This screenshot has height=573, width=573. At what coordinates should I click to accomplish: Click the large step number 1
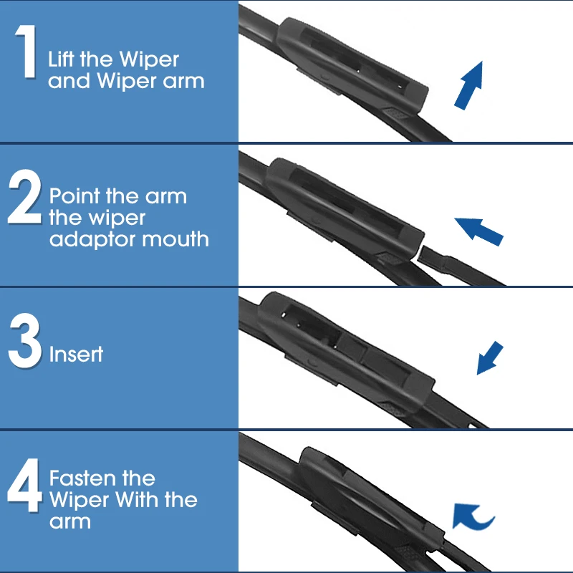coord(27,51)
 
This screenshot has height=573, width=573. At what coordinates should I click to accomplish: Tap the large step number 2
coord(25,196)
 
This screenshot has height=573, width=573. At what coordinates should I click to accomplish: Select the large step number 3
coord(25,340)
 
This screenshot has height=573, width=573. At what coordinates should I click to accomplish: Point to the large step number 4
coord(24,485)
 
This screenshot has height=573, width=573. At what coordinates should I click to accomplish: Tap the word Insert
coord(76,354)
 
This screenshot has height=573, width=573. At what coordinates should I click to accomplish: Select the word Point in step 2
coord(74,196)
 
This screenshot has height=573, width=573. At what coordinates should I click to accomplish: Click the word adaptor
coord(92,240)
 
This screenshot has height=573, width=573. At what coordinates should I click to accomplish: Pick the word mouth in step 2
coord(175,239)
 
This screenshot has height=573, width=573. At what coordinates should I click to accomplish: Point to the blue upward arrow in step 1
coord(468,85)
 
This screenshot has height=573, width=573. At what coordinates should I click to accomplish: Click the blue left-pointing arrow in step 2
coord(478,231)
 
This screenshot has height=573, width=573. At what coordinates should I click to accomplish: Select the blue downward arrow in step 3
coord(490,357)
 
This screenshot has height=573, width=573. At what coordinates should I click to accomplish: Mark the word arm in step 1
coord(183,81)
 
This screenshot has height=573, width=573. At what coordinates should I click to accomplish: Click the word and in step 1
coord(69,80)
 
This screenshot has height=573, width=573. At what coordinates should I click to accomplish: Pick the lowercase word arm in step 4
coord(69,522)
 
